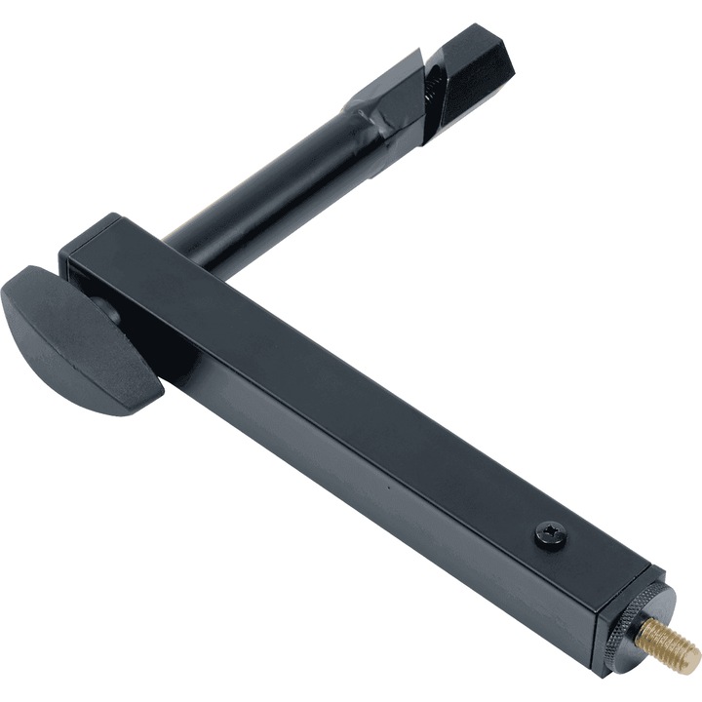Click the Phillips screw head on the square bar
(x=551, y=534)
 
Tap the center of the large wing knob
(x=73, y=336)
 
